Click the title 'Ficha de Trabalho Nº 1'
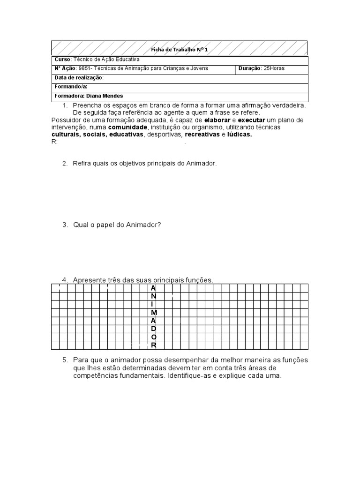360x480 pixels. click(180, 50)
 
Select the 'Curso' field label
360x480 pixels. click(62, 60)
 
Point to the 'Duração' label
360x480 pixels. click(249, 68)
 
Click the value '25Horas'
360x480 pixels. click(274, 68)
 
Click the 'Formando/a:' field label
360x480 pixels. click(71, 87)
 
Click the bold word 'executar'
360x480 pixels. click(252, 120)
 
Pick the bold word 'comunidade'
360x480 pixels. click(127, 127)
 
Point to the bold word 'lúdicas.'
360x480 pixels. click(240, 135)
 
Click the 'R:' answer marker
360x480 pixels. click(54, 142)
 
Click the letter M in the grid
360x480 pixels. click(153, 312)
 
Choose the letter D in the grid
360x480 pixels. click(153, 329)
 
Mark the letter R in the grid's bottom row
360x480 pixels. click(153, 346)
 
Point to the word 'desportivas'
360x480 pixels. click(164, 135)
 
